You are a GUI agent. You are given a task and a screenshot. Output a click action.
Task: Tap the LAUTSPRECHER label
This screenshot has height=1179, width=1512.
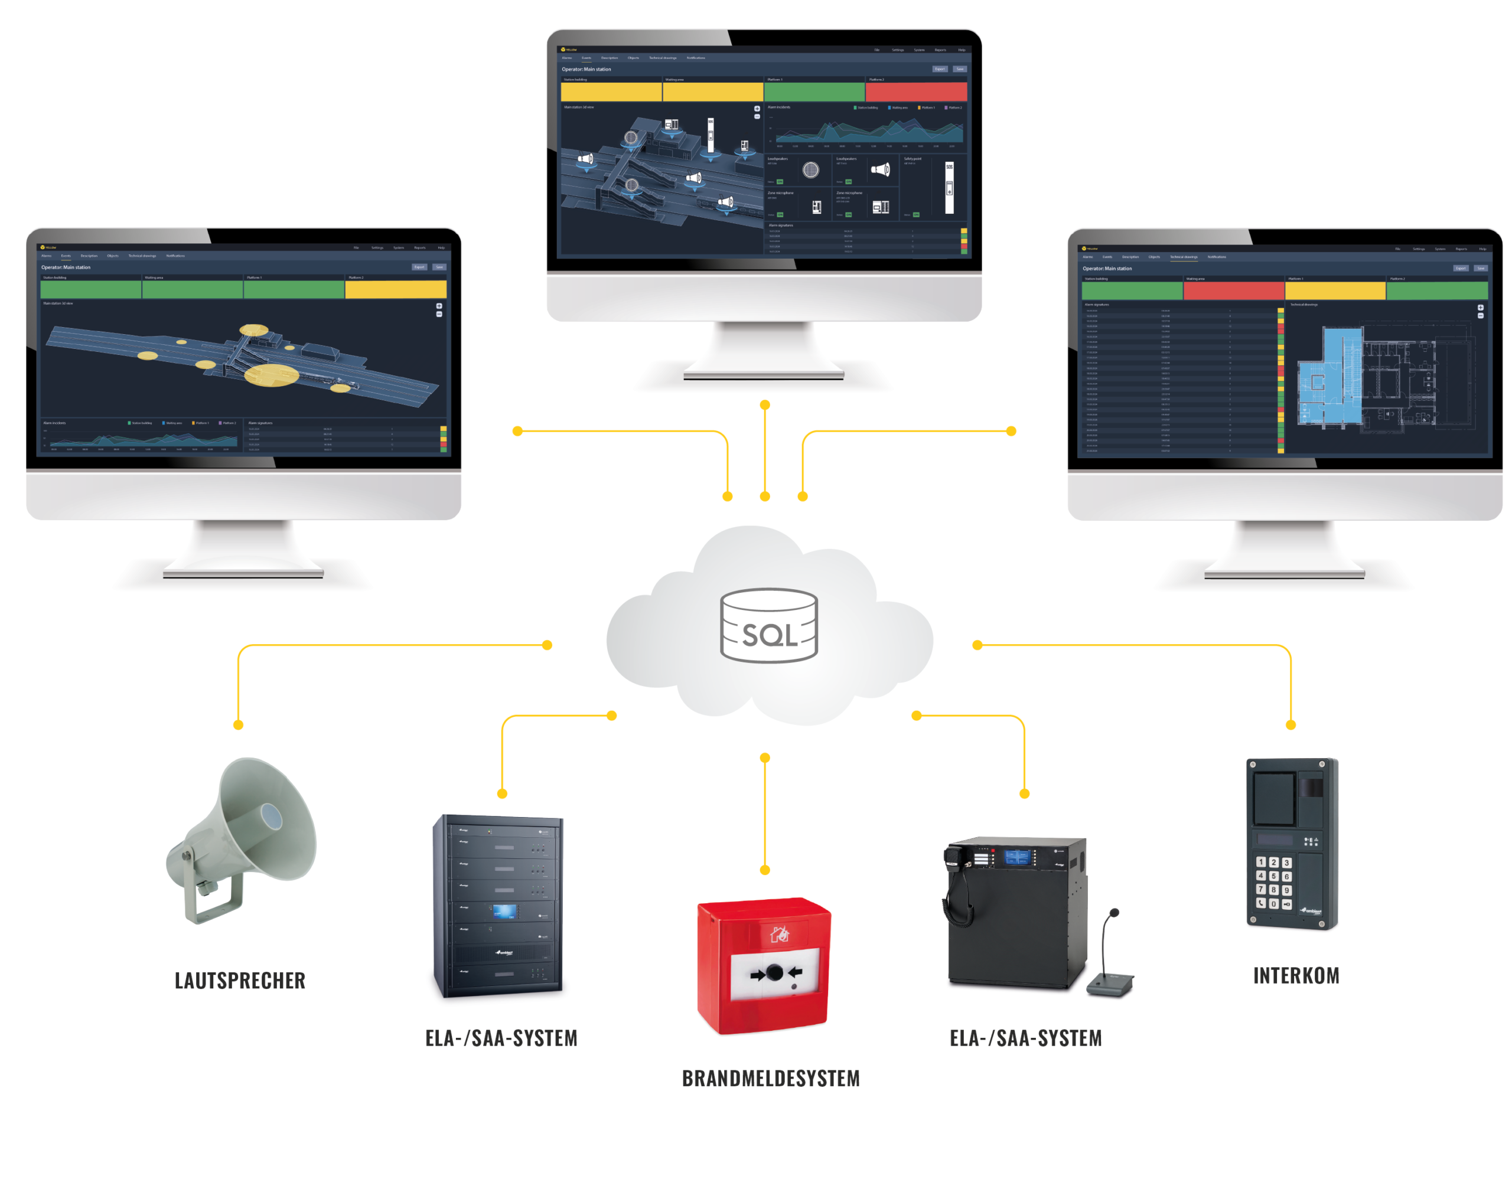(x=240, y=981)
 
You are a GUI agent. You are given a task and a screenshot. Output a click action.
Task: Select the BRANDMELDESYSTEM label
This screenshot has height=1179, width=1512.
(x=771, y=1078)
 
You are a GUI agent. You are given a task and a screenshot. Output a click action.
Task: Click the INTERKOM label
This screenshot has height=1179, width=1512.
(x=1296, y=975)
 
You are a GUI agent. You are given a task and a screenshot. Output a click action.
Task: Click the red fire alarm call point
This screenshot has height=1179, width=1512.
(x=764, y=965)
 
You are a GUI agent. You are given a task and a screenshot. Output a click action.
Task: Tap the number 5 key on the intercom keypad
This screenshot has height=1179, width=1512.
(x=1273, y=876)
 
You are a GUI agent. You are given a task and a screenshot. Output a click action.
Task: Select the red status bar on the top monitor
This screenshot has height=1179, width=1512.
(x=916, y=92)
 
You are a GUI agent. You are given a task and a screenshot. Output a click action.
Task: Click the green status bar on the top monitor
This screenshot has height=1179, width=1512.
(x=814, y=92)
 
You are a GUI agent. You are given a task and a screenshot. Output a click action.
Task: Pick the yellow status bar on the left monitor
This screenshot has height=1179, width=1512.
(x=395, y=289)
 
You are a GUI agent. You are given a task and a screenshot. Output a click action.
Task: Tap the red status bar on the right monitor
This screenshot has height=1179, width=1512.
(x=1234, y=290)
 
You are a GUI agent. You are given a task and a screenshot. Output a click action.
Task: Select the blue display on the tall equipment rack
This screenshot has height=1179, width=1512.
(x=504, y=911)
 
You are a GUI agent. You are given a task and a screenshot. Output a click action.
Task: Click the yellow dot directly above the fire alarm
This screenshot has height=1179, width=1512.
(x=765, y=870)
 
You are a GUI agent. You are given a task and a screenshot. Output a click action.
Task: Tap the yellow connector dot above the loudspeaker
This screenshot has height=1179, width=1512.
(x=238, y=725)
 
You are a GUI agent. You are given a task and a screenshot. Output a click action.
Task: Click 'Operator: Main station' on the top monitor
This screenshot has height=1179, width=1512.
(x=586, y=69)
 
